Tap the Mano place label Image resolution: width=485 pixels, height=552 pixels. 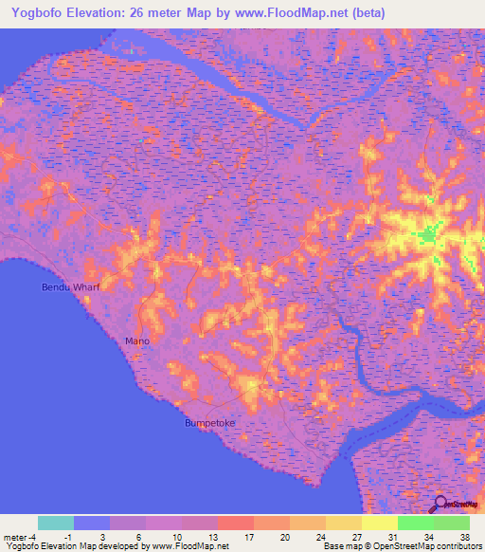pos(137,340)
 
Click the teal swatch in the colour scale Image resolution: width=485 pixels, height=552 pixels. pos(56,523)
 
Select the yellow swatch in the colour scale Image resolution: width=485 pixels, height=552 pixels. pos(380,523)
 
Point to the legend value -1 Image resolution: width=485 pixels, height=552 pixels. pos(92,536)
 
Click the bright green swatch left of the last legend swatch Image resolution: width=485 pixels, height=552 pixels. pos(416,523)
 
